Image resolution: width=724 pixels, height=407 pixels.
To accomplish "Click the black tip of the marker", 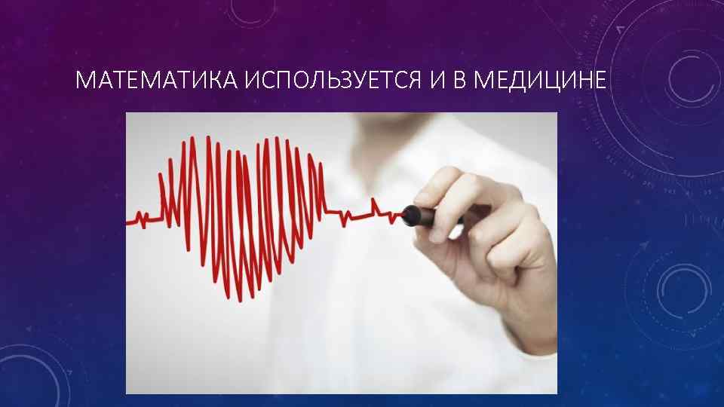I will pyautogui.click(x=410, y=214).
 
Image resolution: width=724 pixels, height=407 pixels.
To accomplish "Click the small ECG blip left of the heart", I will pyautogui.click(x=140, y=219).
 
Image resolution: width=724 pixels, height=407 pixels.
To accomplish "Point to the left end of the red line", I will pyautogui.click(x=127, y=222).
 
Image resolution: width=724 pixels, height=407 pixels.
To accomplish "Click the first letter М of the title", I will pyautogui.click(x=83, y=80).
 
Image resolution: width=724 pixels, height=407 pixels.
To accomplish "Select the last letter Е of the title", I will pyautogui.click(x=599, y=80).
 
